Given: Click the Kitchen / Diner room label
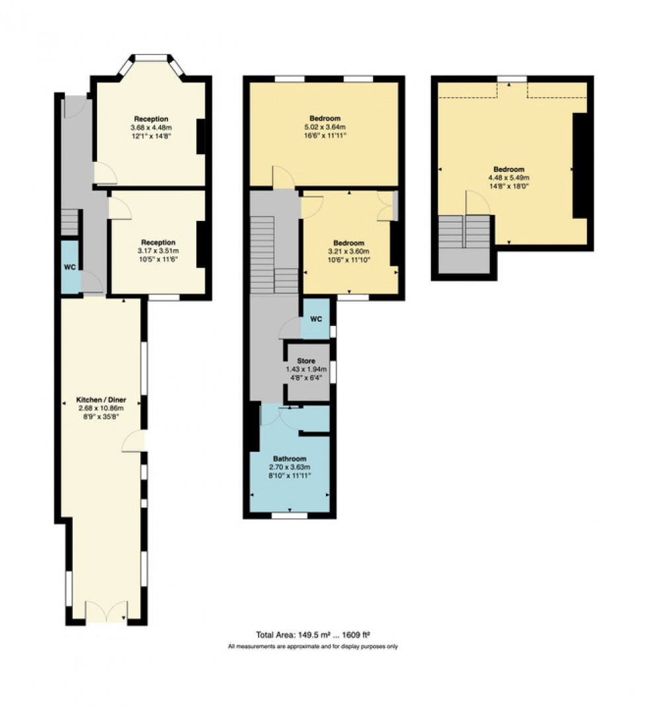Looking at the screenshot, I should tap(101, 401).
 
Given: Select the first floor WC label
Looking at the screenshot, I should tap(316, 319).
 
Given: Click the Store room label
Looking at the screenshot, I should tap(306, 361).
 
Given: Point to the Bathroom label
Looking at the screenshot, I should tap(290, 459).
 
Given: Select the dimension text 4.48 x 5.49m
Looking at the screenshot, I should tap(508, 177).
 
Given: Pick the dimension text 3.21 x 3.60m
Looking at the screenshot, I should tap(348, 251).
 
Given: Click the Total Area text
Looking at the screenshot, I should tap(312, 634).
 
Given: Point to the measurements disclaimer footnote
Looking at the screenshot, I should tap(312, 646).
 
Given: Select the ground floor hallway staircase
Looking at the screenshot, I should tap(70, 222).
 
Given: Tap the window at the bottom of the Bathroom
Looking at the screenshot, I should tap(289, 515).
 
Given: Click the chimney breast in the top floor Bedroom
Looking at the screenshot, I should tap(580, 165).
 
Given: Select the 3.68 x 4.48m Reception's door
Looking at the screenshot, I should tap(105, 173).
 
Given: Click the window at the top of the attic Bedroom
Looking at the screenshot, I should tap(508, 79).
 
